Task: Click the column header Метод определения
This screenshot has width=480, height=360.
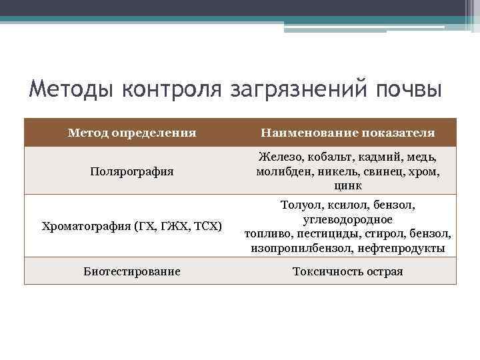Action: (x=132, y=133)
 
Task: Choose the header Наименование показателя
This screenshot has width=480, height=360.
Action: (x=348, y=133)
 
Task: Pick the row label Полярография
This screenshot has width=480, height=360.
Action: (x=132, y=171)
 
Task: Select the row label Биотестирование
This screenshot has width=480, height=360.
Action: (x=132, y=271)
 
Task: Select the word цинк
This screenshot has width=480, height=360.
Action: (x=348, y=185)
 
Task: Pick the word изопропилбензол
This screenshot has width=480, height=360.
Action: (x=299, y=248)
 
